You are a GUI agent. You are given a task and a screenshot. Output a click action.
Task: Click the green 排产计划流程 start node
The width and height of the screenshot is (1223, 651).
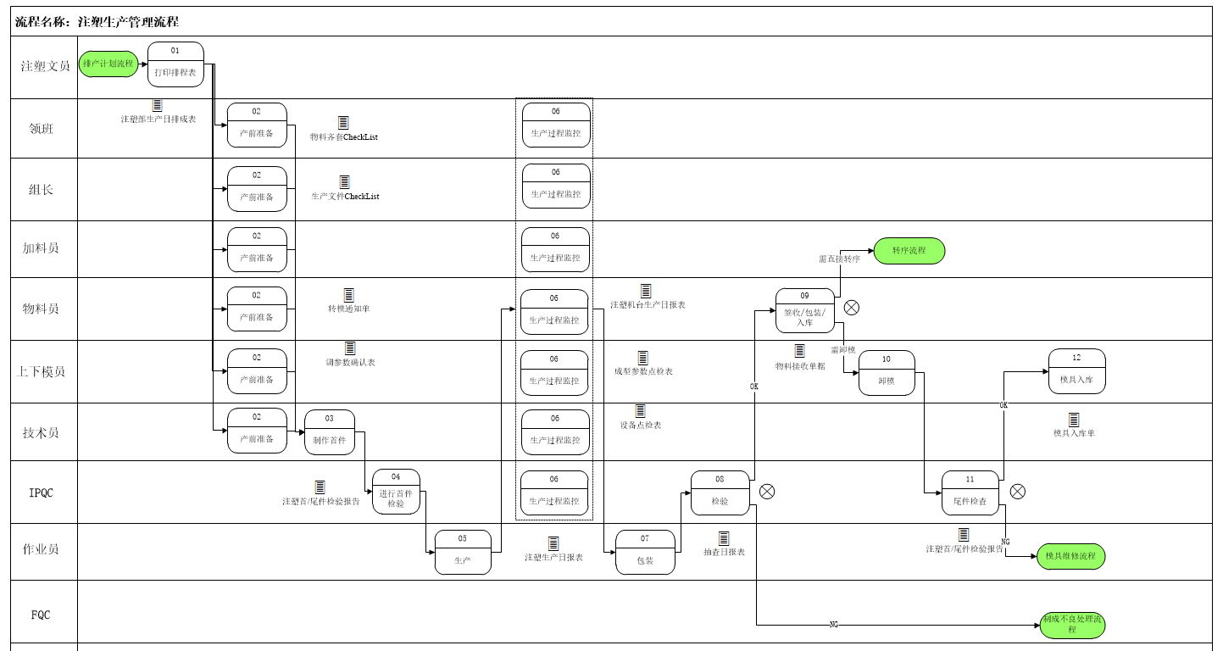(108, 64)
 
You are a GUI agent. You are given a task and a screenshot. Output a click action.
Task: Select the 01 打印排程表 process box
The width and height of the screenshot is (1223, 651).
(175, 64)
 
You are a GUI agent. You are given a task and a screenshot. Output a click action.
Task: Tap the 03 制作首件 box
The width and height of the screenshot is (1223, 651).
(330, 432)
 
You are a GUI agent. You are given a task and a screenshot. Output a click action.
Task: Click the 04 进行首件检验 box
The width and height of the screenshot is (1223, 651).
(396, 492)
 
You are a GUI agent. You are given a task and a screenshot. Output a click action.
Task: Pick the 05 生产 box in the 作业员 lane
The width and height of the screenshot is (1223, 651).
(463, 552)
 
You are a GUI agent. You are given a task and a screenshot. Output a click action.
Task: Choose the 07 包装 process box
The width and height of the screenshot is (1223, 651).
(645, 552)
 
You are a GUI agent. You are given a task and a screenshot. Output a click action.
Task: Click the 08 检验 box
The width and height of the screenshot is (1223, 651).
(720, 492)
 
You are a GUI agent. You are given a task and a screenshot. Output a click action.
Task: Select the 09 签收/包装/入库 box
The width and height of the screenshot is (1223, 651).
(805, 310)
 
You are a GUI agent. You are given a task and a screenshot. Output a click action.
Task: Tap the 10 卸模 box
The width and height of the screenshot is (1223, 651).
(887, 373)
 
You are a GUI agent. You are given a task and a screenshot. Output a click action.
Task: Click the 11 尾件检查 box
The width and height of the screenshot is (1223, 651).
(970, 493)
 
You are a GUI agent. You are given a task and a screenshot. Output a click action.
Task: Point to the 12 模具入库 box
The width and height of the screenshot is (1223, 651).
(1076, 371)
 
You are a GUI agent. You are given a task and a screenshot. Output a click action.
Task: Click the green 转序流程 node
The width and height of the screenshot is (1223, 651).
(909, 251)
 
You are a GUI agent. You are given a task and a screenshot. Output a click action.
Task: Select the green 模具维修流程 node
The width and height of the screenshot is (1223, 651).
(1070, 556)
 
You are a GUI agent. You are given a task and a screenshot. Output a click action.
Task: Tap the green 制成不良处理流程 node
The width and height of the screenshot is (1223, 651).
(1072, 625)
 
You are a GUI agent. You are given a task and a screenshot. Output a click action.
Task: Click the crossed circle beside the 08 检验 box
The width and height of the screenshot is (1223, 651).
(767, 492)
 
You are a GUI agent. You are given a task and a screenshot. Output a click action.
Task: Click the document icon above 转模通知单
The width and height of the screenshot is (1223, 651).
(348, 295)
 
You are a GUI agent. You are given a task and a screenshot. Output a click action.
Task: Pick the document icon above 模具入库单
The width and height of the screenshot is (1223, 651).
(1074, 420)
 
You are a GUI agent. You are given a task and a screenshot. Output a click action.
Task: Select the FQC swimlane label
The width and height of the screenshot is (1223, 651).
(41, 615)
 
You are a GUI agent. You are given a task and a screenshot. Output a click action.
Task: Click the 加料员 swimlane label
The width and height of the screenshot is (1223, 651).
(41, 248)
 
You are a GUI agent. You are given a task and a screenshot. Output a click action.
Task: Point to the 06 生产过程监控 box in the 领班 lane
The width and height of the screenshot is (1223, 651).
(556, 125)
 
